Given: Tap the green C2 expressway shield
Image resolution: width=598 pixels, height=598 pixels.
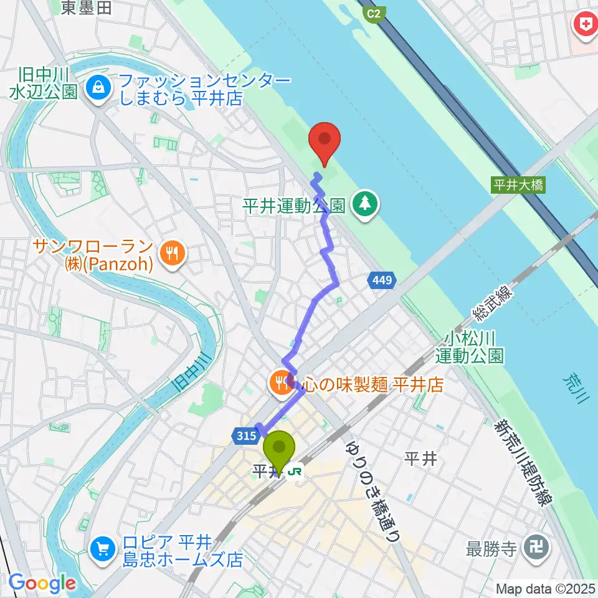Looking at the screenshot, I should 373,13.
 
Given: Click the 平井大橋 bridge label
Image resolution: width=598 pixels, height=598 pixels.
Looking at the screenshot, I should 518,185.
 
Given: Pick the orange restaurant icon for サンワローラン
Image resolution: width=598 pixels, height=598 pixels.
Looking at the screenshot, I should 170,252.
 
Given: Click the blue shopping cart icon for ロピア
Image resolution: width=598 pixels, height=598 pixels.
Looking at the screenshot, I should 101,549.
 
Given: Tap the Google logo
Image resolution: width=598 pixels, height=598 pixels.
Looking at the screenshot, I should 42,583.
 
